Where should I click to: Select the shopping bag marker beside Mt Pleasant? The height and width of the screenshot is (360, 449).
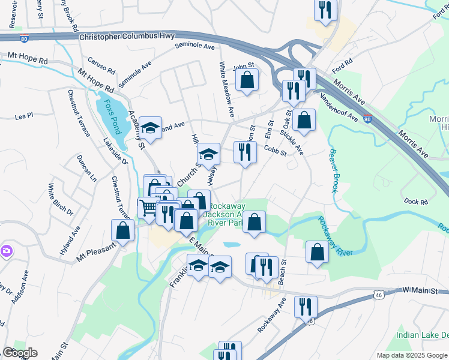[x=123, y=230]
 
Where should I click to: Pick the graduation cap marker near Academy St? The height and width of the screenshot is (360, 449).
[x=151, y=127]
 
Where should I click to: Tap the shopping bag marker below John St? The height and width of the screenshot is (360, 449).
[x=247, y=79]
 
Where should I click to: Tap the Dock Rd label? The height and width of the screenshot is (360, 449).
[x=415, y=202]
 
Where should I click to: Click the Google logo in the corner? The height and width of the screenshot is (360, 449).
[x=20, y=353]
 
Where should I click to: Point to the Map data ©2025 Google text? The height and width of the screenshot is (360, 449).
[x=411, y=355]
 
